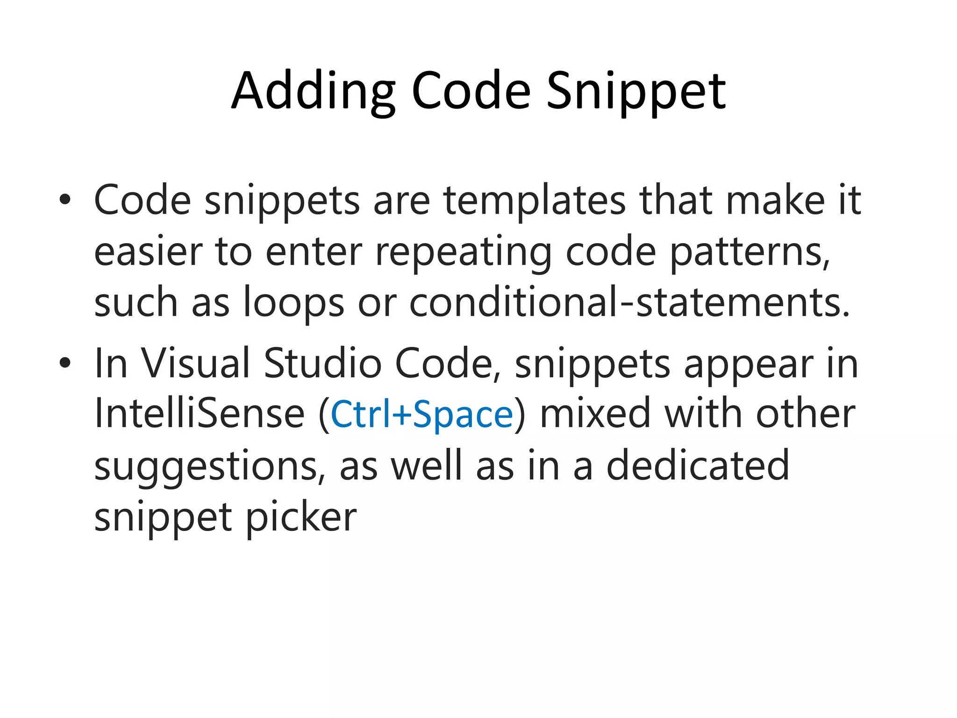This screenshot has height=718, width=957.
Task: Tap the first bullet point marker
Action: [65, 201]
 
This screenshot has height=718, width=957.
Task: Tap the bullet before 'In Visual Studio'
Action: [65, 363]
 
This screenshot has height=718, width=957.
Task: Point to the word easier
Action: [148, 251]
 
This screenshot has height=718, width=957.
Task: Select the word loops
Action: [294, 303]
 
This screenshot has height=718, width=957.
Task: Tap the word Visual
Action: [195, 363]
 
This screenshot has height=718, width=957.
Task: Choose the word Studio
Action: [322, 363]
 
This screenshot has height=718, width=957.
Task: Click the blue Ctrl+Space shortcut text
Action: [421, 415]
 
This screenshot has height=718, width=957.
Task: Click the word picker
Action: [301, 518]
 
